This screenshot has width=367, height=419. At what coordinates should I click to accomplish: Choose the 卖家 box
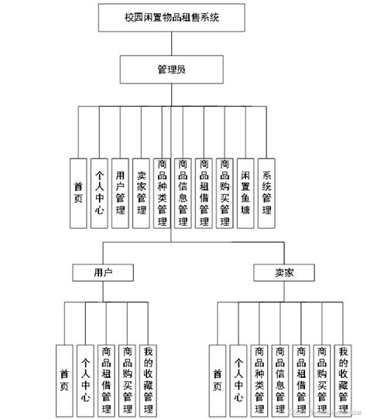click(x=283, y=273)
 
